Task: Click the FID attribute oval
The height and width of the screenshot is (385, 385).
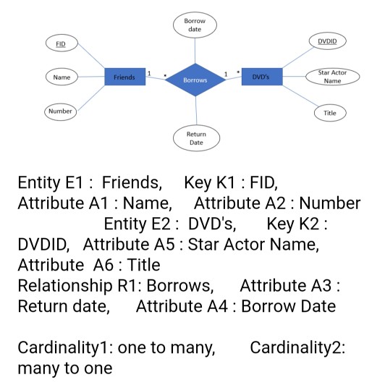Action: pos(61,44)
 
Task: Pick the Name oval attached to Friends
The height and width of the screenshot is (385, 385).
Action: pos(62,76)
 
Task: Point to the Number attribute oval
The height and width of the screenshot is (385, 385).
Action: pos(61,111)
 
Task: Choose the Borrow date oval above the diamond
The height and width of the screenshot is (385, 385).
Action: pos(195,25)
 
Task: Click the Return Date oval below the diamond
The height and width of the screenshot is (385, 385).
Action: pos(195,138)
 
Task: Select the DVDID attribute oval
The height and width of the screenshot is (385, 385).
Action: pos(327,42)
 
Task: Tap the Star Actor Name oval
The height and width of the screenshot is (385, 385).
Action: pos(332,77)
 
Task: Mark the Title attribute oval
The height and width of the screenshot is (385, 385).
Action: pos(329,113)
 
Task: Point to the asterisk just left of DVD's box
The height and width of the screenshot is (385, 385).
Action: pos(237,72)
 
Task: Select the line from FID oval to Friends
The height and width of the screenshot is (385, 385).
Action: pos(90,58)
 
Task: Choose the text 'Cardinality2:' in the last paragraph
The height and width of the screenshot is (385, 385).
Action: pos(297,347)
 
